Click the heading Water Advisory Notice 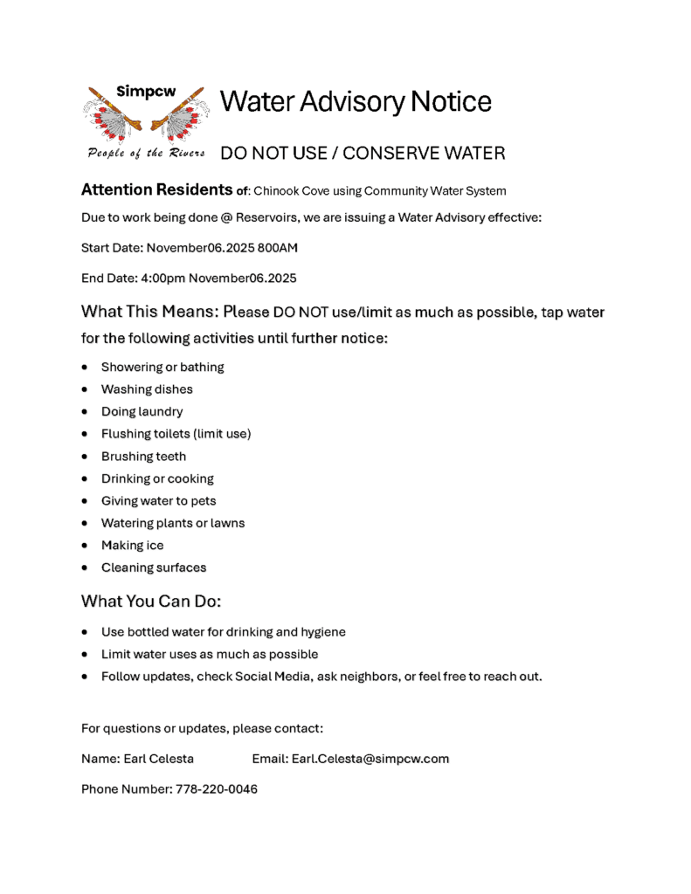click(x=356, y=102)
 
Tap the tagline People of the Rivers click(x=146, y=154)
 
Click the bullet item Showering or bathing click(x=162, y=367)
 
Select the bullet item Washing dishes click(x=147, y=389)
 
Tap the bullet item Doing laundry click(x=142, y=411)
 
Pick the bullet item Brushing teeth click(x=143, y=456)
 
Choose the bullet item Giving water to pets click(x=158, y=501)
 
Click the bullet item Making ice click(x=132, y=545)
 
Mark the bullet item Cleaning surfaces click(x=154, y=567)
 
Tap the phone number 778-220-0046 click(x=217, y=789)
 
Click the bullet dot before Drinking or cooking click(x=84, y=478)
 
